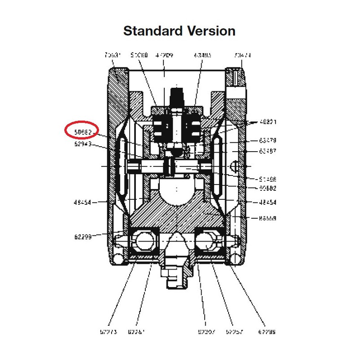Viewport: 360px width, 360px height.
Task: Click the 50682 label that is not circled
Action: click(268, 188)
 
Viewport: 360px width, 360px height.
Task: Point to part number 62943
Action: click(83, 144)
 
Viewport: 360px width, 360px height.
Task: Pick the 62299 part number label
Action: click(83, 236)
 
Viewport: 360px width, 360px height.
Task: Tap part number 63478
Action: click(268, 140)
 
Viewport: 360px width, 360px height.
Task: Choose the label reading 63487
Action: click(268, 151)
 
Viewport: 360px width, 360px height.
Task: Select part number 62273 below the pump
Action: click(108, 332)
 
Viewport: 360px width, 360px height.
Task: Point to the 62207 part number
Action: click(207, 332)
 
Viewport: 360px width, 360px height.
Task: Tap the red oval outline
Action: click(81, 130)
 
